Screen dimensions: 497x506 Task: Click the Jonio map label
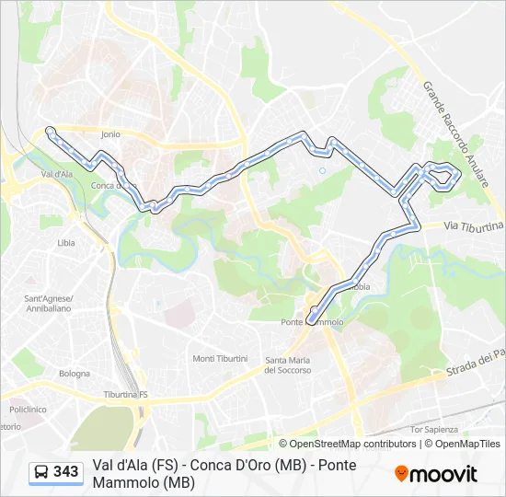110,133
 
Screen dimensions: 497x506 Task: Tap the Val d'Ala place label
57,172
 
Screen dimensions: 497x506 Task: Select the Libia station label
66,243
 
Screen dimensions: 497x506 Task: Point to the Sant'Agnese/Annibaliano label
48,303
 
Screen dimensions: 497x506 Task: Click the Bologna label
75,374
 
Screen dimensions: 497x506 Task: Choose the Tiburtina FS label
126,394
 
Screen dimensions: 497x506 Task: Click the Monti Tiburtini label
220,358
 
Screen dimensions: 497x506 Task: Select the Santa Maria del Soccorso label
288,364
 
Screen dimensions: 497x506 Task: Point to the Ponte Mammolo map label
312,322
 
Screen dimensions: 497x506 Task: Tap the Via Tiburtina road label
474,225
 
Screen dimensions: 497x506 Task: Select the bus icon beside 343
40,472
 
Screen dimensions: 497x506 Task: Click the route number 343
65,472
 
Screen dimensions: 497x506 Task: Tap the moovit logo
436,474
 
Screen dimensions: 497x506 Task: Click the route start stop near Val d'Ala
50,131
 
